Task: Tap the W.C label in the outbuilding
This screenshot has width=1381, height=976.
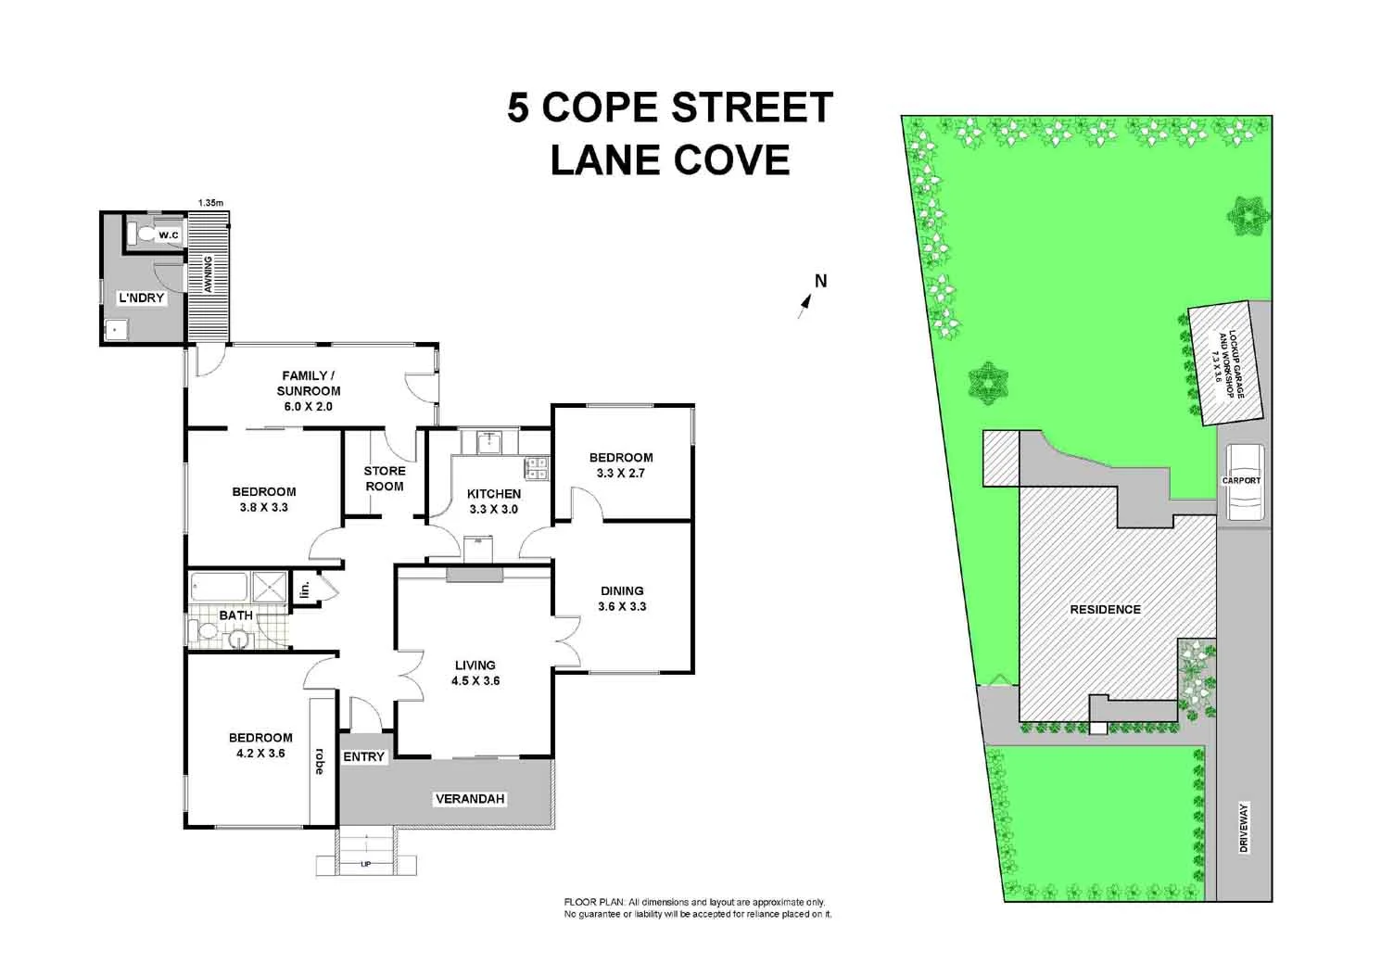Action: pyautogui.click(x=168, y=235)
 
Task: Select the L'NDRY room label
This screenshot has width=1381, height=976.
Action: pyautogui.click(x=141, y=298)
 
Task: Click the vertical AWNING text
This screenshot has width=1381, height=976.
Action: pyautogui.click(x=209, y=274)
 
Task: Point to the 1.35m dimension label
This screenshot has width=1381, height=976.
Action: pyautogui.click(x=210, y=202)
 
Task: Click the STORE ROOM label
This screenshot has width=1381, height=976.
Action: pyautogui.click(x=384, y=478)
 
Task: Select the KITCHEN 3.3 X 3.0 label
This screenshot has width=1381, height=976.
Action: pyautogui.click(x=493, y=501)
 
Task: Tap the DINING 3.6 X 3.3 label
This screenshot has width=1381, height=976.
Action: pyautogui.click(x=622, y=598)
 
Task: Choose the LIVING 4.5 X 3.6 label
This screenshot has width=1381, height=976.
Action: pyautogui.click(x=475, y=672)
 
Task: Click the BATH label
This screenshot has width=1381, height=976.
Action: pyautogui.click(x=235, y=615)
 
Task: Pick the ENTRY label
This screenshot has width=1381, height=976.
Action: pyautogui.click(x=363, y=757)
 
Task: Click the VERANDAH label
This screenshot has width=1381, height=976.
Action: pyautogui.click(x=470, y=799)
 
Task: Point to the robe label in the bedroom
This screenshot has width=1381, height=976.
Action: pyautogui.click(x=320, y=761)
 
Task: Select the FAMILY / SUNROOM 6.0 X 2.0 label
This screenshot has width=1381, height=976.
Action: pyautogui.click(x=308, y=390)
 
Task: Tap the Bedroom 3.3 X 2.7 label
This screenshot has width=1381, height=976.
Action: pyautogui.click(x=621, y=464)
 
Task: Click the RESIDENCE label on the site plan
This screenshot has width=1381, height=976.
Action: pyautogui.click(x=1105, y=609)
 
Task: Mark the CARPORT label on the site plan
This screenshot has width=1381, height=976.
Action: pyautogui.click(x=1241, y=480)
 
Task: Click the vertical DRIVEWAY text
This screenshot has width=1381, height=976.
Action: pyautogui.click(x=1244, y=828)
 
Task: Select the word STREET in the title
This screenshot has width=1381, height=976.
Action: pyautogui.click(x=752, y=108)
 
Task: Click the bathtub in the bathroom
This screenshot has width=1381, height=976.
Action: pyautogui.click(x=219, y=587)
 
